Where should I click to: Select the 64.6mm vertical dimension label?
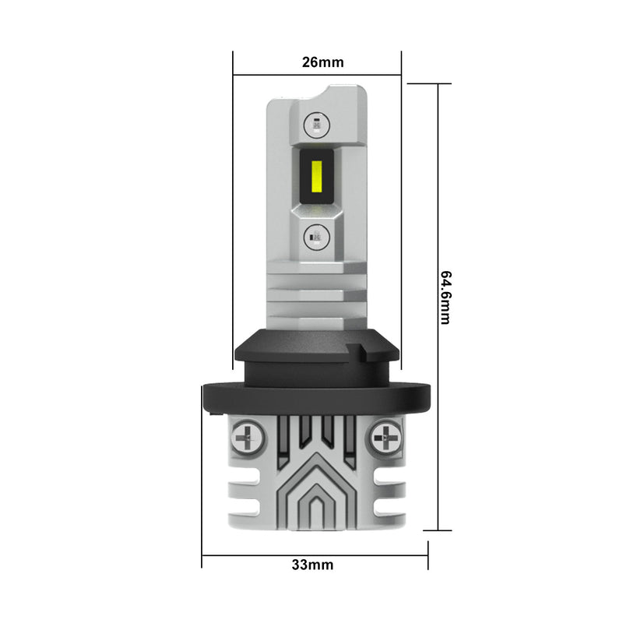445,298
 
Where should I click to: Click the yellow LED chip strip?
317,176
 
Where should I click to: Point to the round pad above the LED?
317,122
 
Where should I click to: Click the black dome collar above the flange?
317,354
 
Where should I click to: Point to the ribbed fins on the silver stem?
317,296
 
